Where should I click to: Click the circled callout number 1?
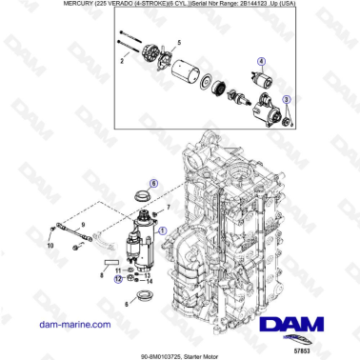point(162,230)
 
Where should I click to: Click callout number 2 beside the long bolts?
point(122,59)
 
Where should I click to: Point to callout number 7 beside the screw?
point(169,207)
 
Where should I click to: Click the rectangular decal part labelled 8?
point(110,259)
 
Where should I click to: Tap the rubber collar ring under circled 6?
point(145,197)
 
